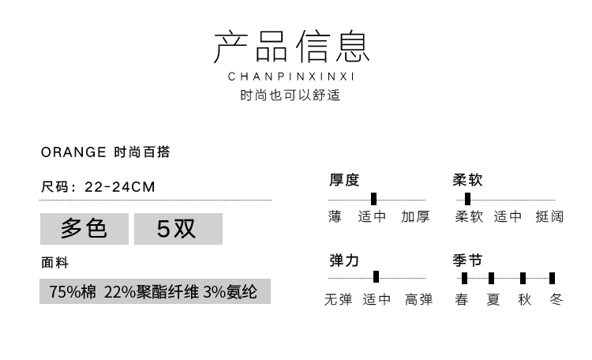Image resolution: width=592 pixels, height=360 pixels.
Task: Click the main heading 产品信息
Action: click(292, 48)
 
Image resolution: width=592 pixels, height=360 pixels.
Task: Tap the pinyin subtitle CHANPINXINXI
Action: click(292, 77)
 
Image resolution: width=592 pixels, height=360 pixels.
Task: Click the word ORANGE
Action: click(73, 152)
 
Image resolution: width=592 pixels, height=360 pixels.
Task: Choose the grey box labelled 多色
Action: click(84, 229)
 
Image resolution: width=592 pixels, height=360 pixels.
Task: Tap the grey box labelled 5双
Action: click(178, 229)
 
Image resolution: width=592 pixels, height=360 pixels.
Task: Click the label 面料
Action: click(55, 263)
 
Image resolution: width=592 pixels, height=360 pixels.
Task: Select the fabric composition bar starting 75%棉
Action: click(155, 291)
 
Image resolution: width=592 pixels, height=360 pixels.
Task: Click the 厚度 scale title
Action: click(344, 180)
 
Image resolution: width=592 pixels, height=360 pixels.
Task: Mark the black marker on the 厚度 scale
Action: click(373, 199)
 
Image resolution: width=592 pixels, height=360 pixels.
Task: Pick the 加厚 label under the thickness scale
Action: click(415, 216)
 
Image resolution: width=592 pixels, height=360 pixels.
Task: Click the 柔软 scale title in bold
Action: click(467, 180)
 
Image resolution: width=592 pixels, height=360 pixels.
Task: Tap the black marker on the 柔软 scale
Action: click(468, 199)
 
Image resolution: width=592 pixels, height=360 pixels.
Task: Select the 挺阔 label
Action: click(549, 216)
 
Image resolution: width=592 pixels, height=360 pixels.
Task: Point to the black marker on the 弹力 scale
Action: click(376, 276)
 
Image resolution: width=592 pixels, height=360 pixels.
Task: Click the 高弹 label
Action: click(418, 300)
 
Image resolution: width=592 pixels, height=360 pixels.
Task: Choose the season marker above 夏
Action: click(492, 277)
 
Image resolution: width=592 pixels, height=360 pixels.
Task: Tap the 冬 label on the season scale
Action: click(556, 300)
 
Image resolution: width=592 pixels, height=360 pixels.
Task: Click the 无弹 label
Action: click(339, 300)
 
